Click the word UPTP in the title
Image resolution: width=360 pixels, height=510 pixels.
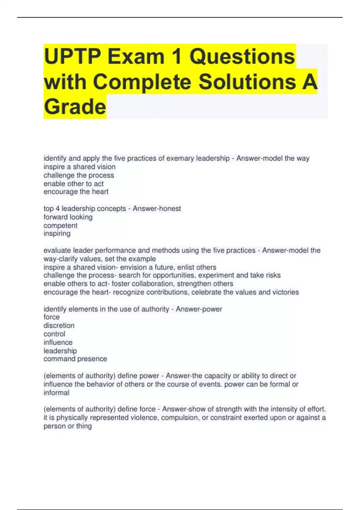(x=72, y=56)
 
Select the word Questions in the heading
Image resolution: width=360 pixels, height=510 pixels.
(x=242, y=56)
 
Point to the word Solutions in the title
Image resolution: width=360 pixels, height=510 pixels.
(x=247, y=82)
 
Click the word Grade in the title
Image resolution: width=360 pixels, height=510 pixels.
(x=75, y=107)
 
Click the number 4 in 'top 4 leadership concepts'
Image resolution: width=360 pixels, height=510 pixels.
(x=58, y=208)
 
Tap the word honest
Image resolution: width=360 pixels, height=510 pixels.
(x=170, y=208)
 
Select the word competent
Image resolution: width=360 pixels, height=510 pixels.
(x=60, y=226)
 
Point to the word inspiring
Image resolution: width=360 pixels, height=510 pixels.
(x=57, y=234)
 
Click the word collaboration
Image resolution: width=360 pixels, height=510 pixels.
(x=152, y=284)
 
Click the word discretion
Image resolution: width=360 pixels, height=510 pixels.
(x=59, y=325)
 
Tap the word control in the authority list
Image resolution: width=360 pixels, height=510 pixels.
(x=54, y=334)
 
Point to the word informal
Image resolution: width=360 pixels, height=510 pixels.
(x=56, y=393)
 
